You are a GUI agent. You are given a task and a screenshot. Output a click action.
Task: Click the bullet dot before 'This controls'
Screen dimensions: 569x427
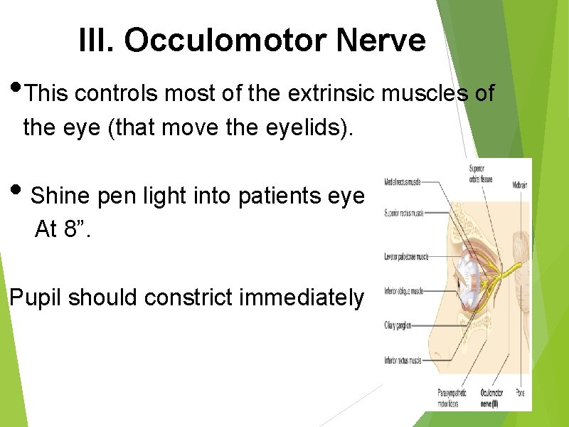coord(16,90)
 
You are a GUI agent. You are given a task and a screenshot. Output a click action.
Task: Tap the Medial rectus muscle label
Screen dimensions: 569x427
coord(401,182)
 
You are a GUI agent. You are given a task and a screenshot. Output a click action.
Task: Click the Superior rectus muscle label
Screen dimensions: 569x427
coord(403,213)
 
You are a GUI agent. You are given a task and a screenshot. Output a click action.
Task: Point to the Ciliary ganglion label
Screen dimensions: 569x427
coord(398,325)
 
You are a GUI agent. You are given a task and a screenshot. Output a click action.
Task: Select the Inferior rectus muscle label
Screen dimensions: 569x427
coord(402,361)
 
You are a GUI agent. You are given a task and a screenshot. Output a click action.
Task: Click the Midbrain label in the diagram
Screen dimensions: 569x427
coord(519,185)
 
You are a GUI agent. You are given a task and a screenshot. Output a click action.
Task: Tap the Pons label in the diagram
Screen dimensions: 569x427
coord(521,392)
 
